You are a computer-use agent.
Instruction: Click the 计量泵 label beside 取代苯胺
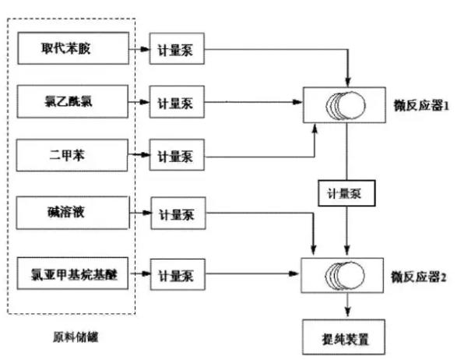coord(175,52)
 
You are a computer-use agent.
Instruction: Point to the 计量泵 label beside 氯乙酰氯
coord(175,103)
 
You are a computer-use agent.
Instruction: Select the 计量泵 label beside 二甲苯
coord(175,156)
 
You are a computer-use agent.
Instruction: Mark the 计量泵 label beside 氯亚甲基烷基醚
coord(175,275)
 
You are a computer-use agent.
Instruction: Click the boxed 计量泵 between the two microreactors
coord(346,190)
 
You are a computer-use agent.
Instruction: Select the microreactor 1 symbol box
coord(346,104)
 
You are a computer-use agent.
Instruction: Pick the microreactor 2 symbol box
coord(346,276)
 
